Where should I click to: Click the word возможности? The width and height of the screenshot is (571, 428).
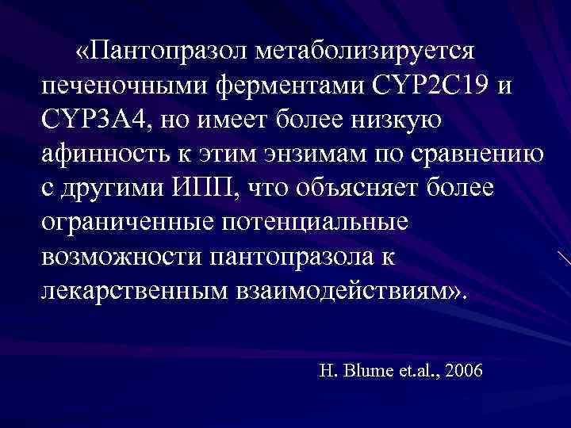tap(119, 258)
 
